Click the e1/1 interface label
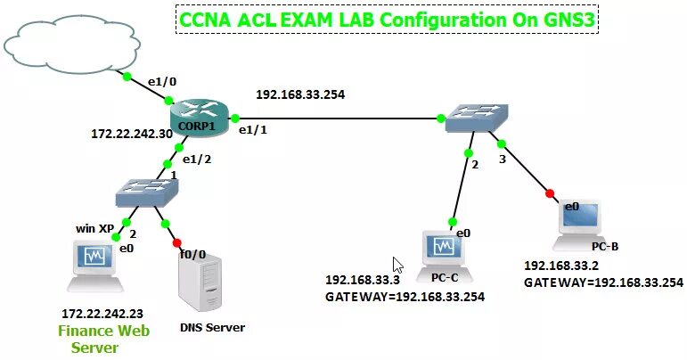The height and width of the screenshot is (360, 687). click(x=252, y=130)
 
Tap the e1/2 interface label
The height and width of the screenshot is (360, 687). click(x=198, y=160)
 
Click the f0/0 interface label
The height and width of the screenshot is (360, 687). click(x=193, y=254)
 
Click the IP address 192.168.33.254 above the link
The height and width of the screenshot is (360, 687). click(x=300, y=94)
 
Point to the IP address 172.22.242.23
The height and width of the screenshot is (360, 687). click(x=102, y=314)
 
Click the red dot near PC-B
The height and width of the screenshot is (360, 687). click(x=550, y=192)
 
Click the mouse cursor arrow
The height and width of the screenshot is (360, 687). click(x=398, y=266)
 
